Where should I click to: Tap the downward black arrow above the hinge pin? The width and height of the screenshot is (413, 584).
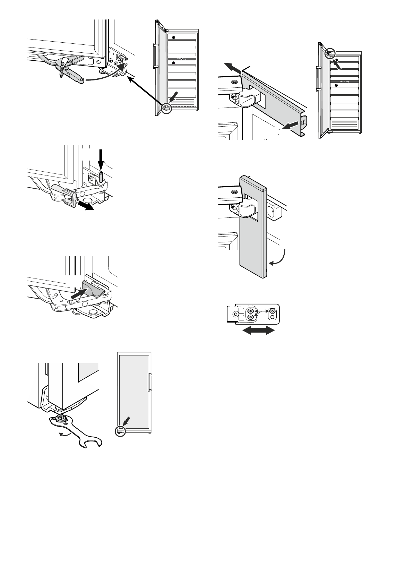(x=101, y=159)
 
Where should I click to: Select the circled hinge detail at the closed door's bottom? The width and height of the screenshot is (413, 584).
(x=119, y=431)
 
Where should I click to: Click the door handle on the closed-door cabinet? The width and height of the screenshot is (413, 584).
(x=149, y=382)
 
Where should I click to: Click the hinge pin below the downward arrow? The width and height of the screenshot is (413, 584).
(x=101, y=177)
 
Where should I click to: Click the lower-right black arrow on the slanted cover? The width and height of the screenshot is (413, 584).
(x=291, y=126)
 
